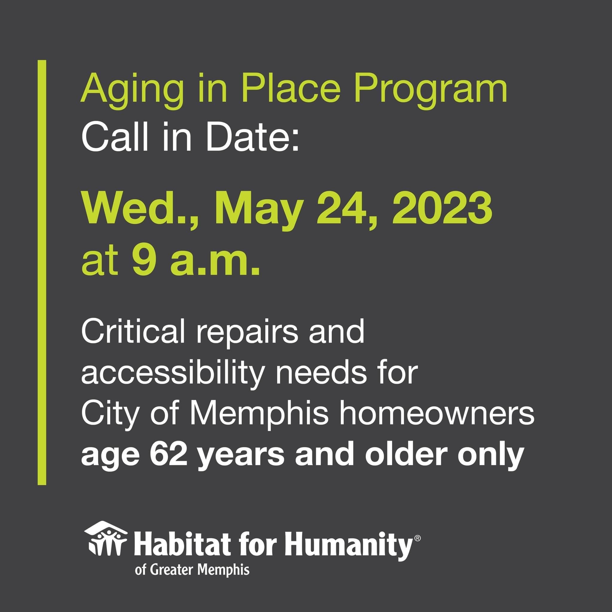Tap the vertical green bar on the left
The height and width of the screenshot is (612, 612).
click(x=42, y=273)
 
